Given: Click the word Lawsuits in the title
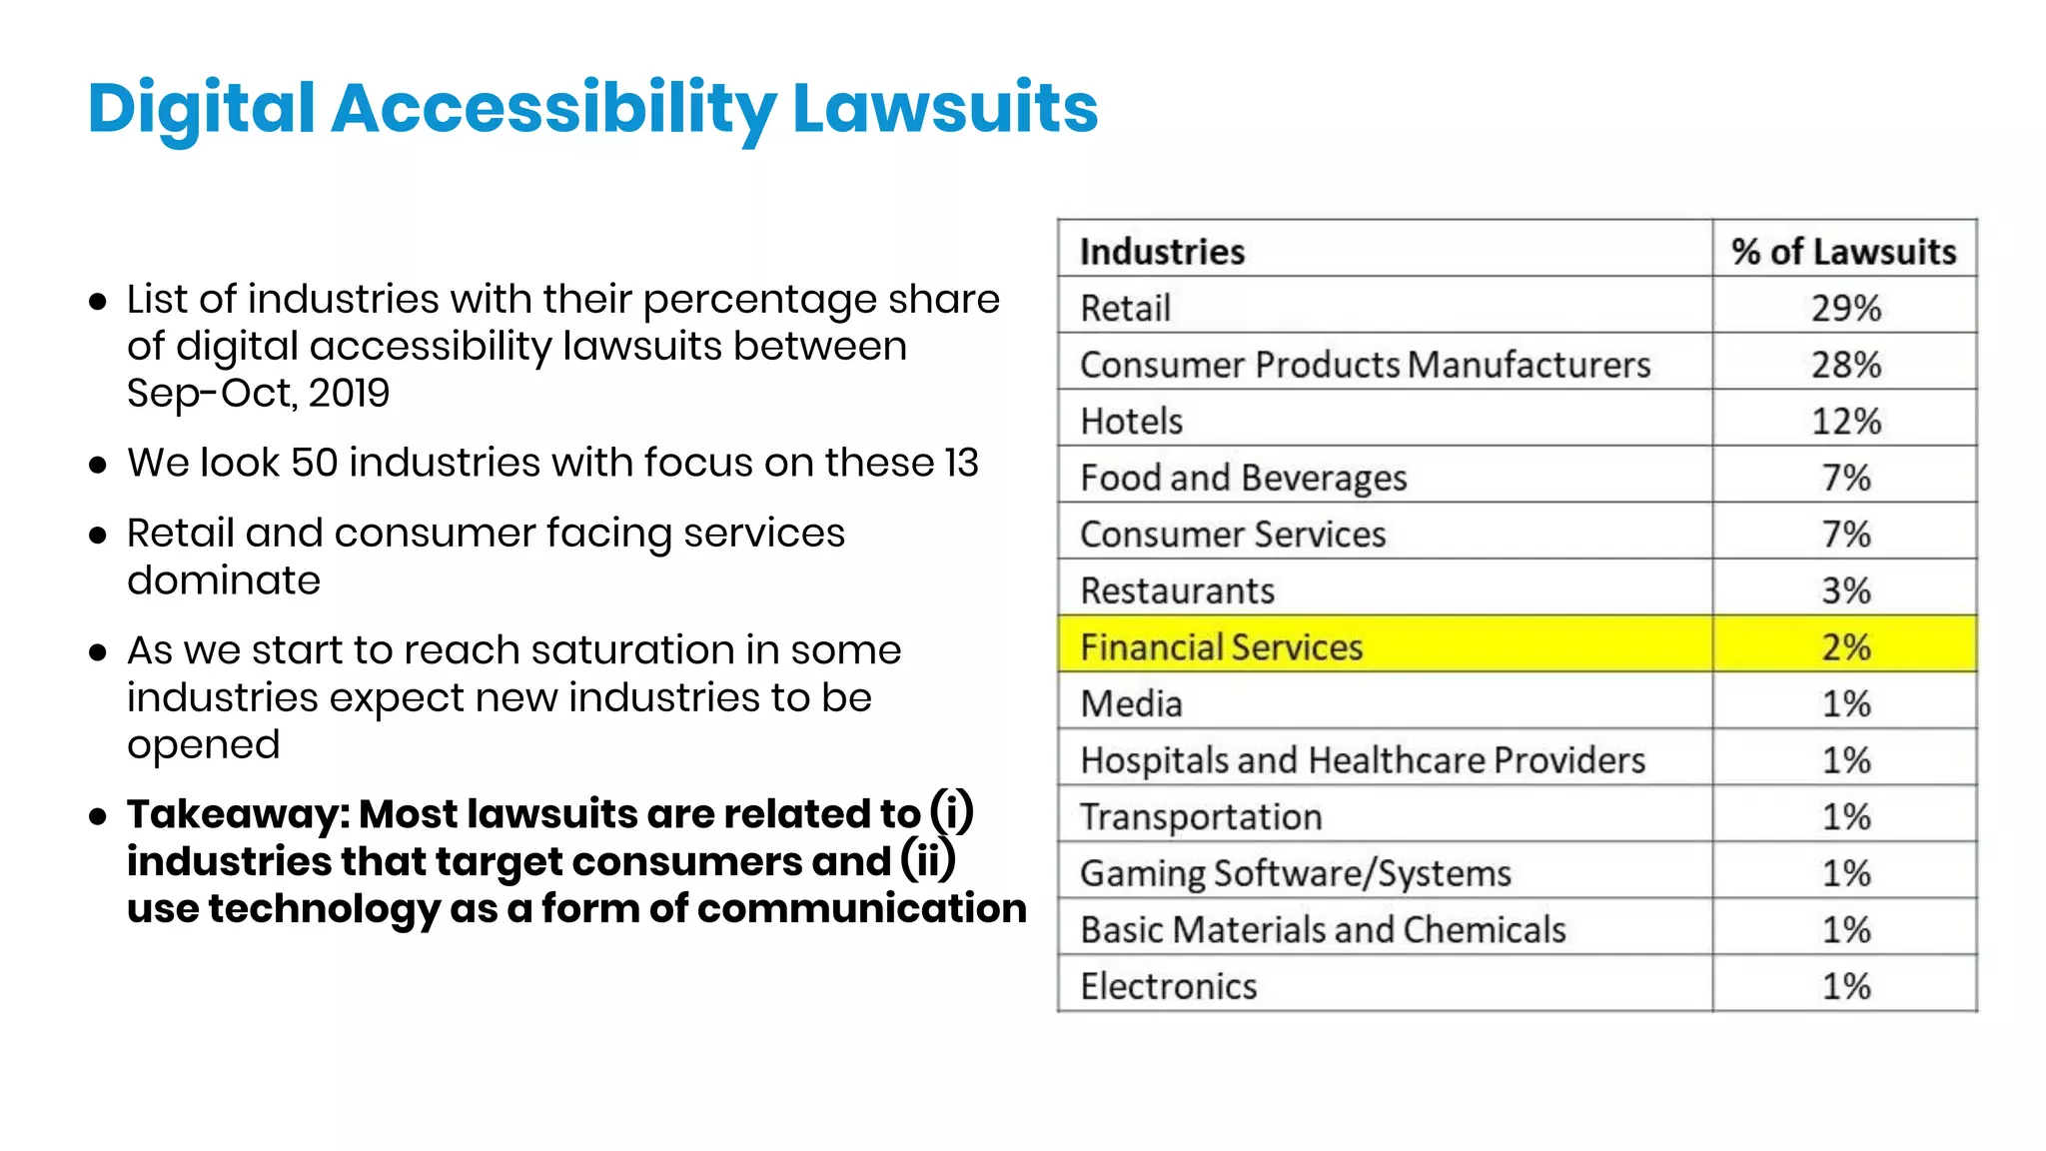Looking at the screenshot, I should (x=944, y=108).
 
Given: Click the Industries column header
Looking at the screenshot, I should (x=1162, y=252).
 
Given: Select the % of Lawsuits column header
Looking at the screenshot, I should (x=1843, y=252).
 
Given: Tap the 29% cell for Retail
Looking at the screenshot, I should (x=1845, y=308).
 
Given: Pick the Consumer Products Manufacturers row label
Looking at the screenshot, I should (x=1365, y=365).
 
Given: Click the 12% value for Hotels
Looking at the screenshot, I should (x=1845, y=422).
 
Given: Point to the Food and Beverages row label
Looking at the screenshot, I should (x=1243, y=478).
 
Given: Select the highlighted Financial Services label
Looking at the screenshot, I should (x=1221, y=647).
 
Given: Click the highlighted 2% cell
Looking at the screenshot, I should (x=1845, y=647).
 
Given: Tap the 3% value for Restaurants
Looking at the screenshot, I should (x=1845, y=590).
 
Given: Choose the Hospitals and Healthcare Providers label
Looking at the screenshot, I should (x=1363, y=760).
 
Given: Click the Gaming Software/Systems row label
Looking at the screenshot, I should (x=1295, y=873).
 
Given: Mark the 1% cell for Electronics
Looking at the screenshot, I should (x=1845, y=986).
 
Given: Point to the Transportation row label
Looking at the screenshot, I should (x=1201, y=817).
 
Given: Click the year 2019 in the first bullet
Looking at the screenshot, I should (x=349, y=393).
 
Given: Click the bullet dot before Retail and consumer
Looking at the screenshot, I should (x=97, y=536).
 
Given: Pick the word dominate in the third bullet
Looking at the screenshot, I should (x=224, y=580).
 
